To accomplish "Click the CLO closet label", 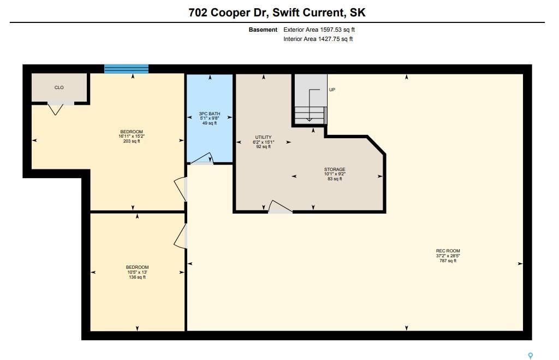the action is click(x=59, y=87).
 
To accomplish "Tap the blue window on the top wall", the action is click(x=126, y=69).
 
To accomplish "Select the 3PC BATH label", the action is click(x=210, y=114).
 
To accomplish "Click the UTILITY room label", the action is click(x=264, y=137).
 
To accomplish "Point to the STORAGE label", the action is click(x=335, y=169).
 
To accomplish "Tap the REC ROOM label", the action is click(x=448, y=251).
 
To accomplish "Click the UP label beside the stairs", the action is click(x=332, y=90).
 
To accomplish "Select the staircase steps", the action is click(x=310, y=115).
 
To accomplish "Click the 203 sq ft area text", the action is click(x=132, y=141).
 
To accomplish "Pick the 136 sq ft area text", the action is click(x=137, y=277).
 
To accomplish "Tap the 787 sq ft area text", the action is click(x=448, y=261).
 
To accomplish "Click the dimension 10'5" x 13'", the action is click(x=137, y=272).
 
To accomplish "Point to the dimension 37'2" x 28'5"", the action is click(x=448, y=256).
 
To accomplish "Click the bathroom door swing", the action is click(x=203, y=159).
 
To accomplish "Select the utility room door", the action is click(x=280, y=207).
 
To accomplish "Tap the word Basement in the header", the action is click(x=263, y=30).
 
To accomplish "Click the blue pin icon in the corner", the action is click(x=531, y=356).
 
